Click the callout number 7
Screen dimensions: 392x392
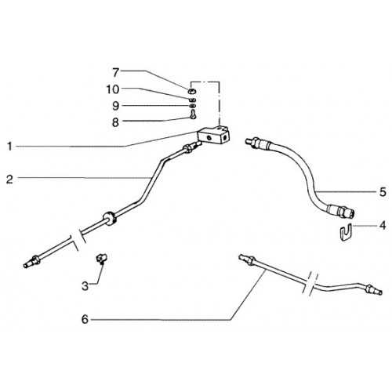click(x=116, y=73)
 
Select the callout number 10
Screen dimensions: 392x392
click(x=113, y=89)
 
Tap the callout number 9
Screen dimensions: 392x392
click(x=115, y=106)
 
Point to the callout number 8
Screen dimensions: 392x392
click(x=115, y=122)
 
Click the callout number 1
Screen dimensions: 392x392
click(x=9, y=147)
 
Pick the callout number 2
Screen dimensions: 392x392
click(x=9, y=180)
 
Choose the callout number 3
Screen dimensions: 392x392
click(x=85, y=286)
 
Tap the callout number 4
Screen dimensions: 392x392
click(x=383, y=225)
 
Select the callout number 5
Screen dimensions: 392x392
click(x=383, y=192)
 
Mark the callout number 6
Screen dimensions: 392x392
click(x=85, y=319)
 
